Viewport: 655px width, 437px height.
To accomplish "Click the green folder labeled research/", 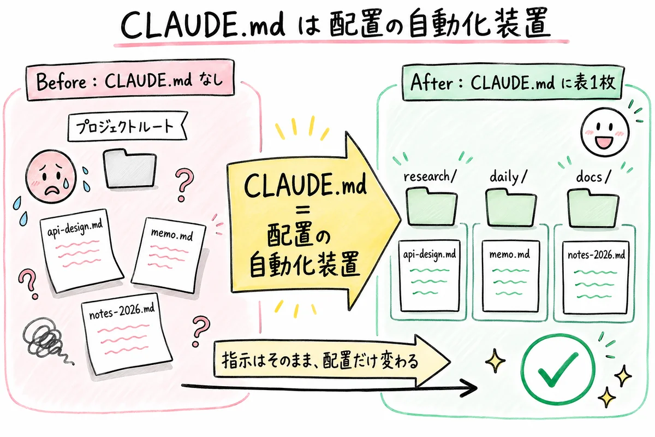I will coord(431,207).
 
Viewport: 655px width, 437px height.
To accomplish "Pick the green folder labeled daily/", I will coord(511,207).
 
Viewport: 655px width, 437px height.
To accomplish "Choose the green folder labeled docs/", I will coord(593,207).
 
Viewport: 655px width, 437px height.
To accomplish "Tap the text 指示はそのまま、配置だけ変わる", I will coord(320,361).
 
